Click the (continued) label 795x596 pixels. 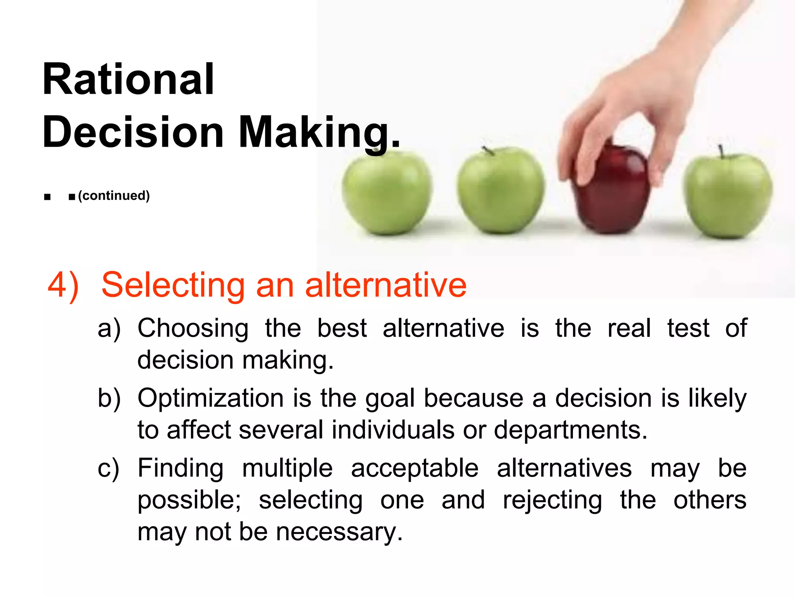coord(114,196)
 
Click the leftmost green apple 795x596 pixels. coord(387,193)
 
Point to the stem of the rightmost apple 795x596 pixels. coord(721,151)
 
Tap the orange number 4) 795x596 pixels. coord(63,285)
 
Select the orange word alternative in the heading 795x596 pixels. coord(386,285)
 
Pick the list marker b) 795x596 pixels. coord(109,398)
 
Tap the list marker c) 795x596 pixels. coord(108,468)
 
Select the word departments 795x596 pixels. coord(570,430)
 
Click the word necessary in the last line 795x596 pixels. coord(339,532)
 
